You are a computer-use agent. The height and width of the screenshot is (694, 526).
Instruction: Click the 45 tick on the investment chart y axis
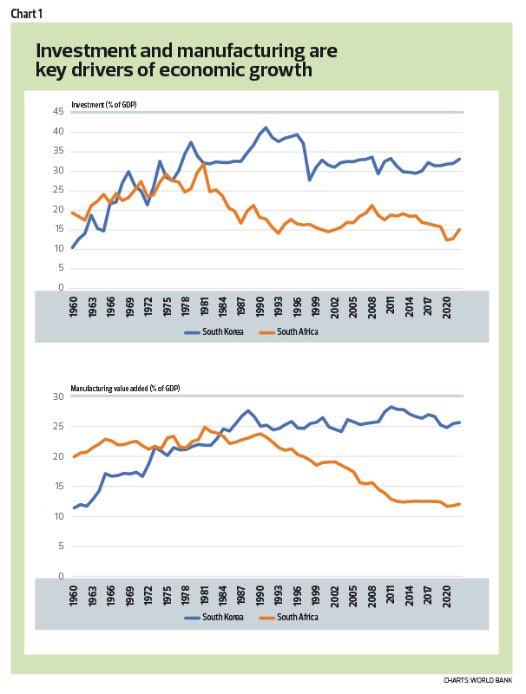[x=60, y=112]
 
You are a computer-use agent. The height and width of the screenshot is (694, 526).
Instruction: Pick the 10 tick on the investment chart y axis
[x=60, y=248]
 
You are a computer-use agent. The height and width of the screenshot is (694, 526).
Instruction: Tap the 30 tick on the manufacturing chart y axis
[x=60, y=396]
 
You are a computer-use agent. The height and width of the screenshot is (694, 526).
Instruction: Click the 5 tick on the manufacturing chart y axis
[x=62, y=547]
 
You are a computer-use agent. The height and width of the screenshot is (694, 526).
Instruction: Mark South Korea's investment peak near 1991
[x=266, y=128]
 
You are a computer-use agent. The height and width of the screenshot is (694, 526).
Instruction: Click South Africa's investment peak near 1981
[x=203, y=164]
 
